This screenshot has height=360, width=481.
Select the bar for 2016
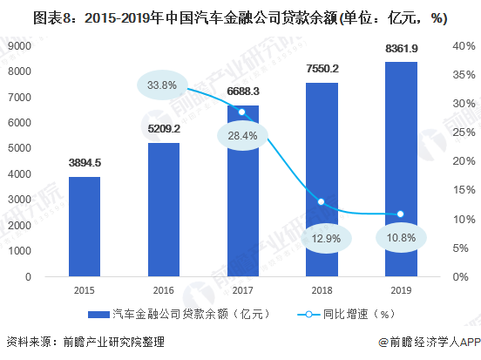(x=163, y=210)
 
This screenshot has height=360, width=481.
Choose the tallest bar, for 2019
(x=400, y=169)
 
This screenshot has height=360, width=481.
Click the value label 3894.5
(x=85, y=162)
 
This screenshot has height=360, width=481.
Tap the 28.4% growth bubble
(x=241, y=135)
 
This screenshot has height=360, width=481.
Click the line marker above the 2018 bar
(x=321, y=202)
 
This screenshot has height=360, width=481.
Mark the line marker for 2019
(x=400, y=214)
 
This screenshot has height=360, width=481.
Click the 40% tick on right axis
(x=459, y=45)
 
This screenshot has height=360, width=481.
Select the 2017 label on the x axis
(x=241, y=292)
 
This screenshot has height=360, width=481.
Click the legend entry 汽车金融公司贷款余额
(x=183, y=313)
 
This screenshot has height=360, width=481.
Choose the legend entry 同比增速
(x=349, y=313)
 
